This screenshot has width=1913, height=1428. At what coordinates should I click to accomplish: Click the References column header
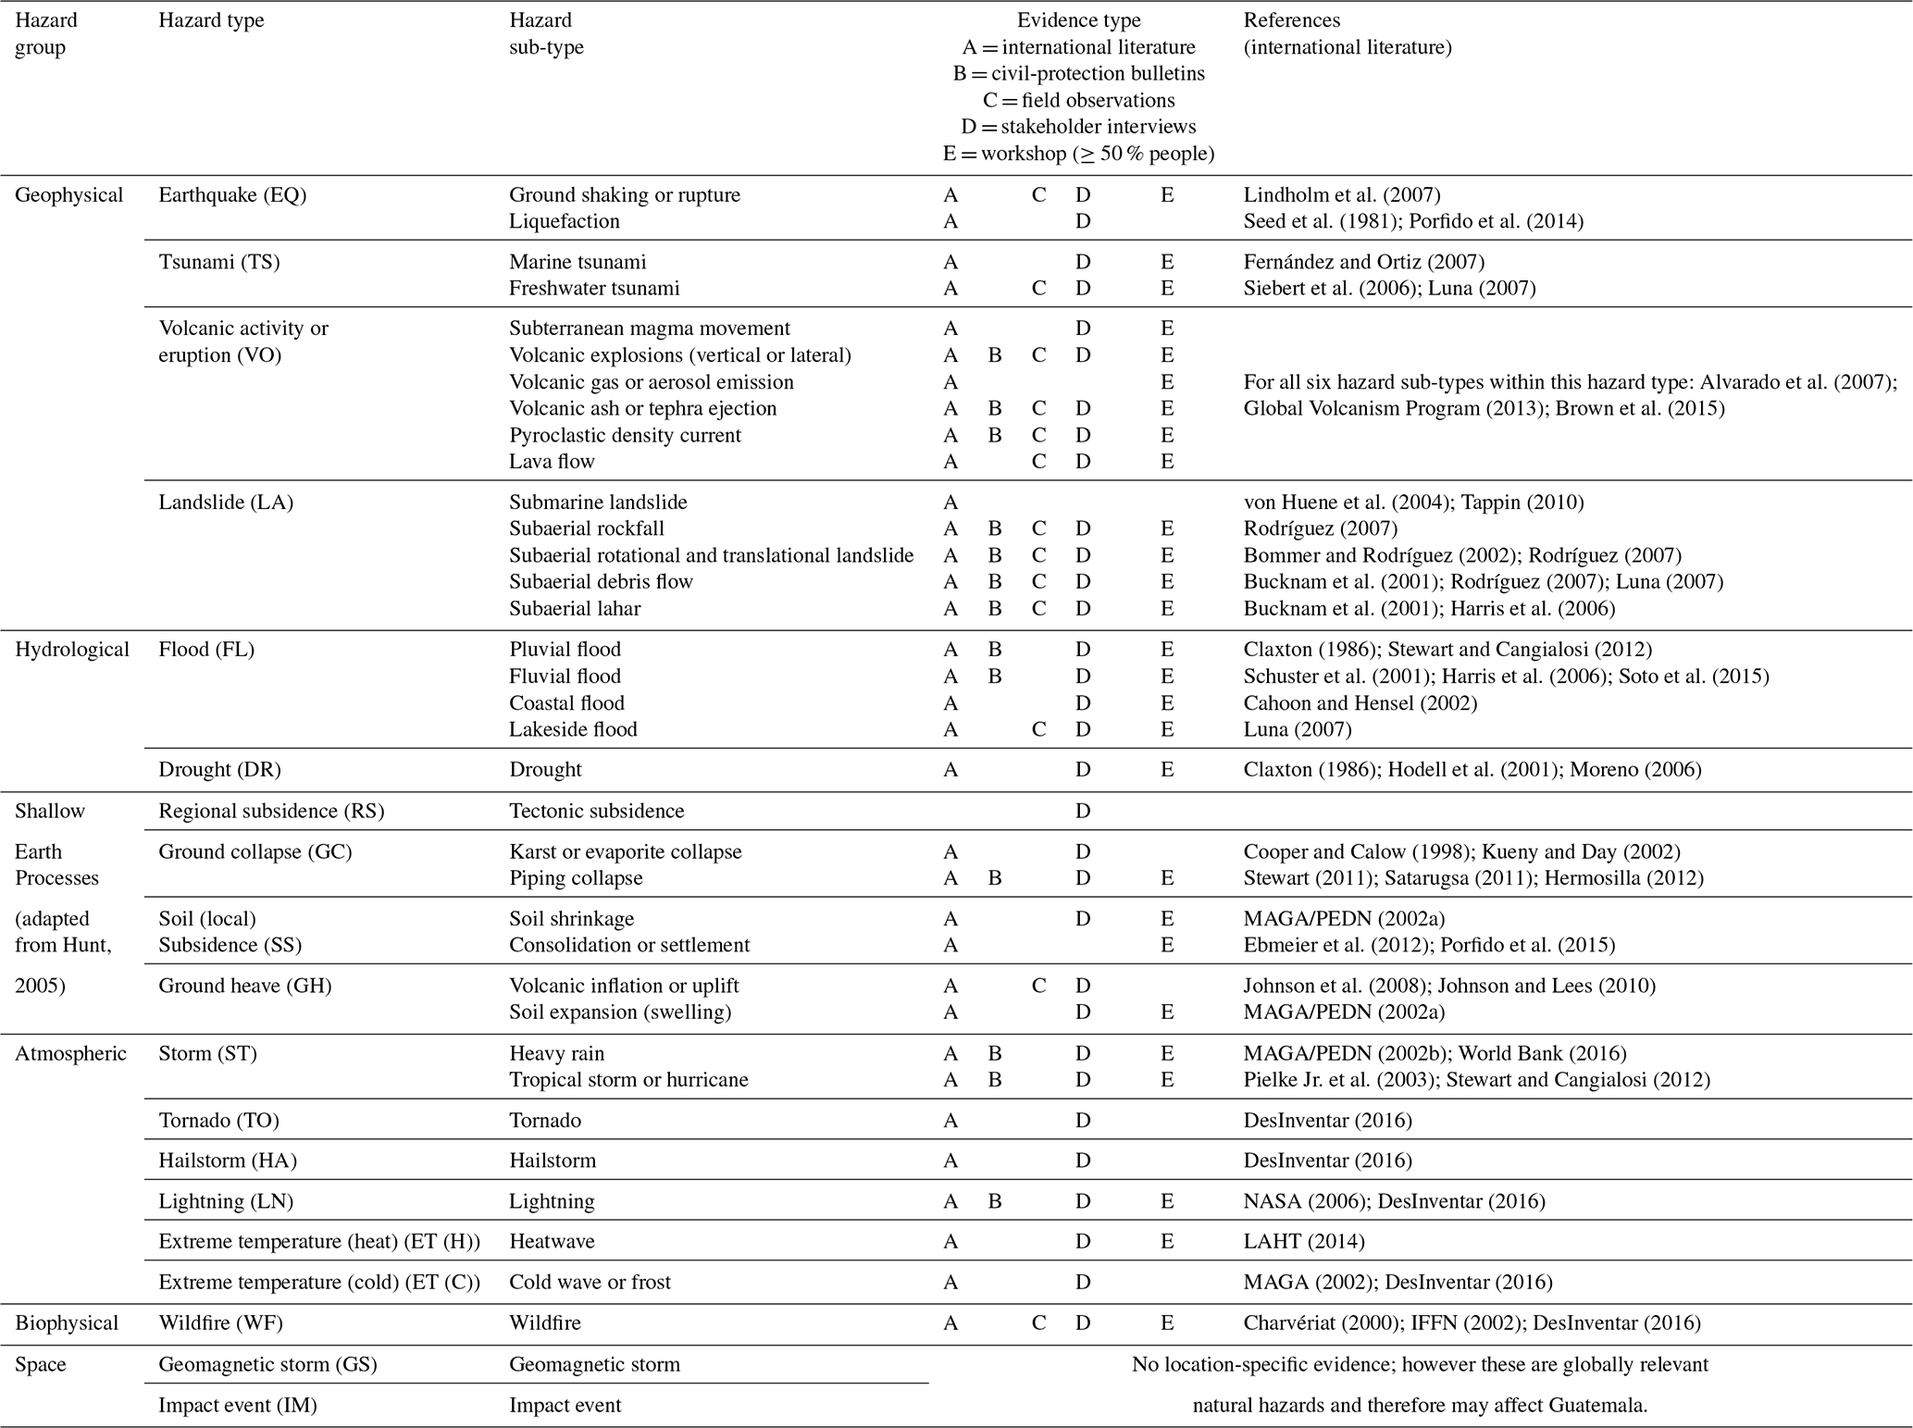(x=1347, y=33)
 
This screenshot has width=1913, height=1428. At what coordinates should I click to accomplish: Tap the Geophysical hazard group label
(x=68, y=195)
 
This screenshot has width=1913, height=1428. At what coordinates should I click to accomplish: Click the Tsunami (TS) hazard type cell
(x=219, y=262)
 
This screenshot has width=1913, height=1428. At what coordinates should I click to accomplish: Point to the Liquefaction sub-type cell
(x=564, y=221)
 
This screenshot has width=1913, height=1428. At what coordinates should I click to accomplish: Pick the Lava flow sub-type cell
(x=552, y=461)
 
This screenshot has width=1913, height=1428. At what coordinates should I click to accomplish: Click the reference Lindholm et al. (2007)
(x=1341, y=195)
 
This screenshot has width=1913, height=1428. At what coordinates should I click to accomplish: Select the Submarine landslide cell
(x=598, y=503)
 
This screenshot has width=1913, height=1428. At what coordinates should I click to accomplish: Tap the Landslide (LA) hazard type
(x=226, y=503)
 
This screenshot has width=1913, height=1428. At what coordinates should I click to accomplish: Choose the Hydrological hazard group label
(x=72, y=650)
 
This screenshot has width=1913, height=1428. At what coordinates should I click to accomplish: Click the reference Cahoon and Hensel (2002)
(x=1360, y=703)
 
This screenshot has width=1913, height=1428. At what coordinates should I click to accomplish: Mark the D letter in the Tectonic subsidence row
(x=1082, y=812)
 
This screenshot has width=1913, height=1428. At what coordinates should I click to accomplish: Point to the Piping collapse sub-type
(x=576, y=878)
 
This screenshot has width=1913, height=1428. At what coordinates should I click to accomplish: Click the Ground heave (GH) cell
(x=244, y=987)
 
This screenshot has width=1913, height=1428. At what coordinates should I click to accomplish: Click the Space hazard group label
(x=41, y=1365)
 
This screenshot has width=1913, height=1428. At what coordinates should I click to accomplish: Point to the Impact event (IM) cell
(x=238, y=1406)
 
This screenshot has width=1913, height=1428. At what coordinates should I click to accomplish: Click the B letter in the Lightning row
(x=995, y=1201)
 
